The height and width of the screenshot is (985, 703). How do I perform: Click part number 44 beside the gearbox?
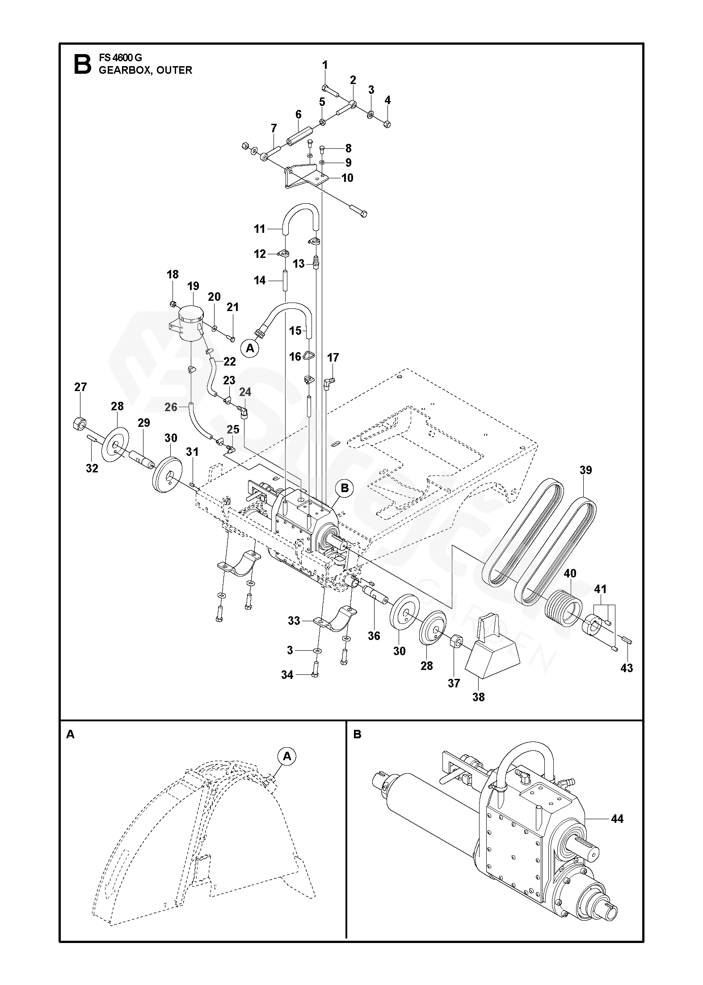point(617,819)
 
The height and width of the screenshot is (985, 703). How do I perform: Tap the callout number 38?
point(478,697)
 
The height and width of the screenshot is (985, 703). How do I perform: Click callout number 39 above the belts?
point(585,470)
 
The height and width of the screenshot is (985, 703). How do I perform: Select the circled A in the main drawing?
point(250,348)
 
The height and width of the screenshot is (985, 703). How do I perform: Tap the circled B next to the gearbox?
point(345,488)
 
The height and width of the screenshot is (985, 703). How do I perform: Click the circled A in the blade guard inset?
point(287,756)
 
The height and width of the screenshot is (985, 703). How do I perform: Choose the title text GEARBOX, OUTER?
point(145,70)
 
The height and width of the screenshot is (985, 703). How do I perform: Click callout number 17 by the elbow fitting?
point(333,358)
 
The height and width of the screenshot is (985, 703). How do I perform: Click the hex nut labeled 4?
point(387,123)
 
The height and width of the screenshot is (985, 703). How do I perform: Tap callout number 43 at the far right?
point(627,680)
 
